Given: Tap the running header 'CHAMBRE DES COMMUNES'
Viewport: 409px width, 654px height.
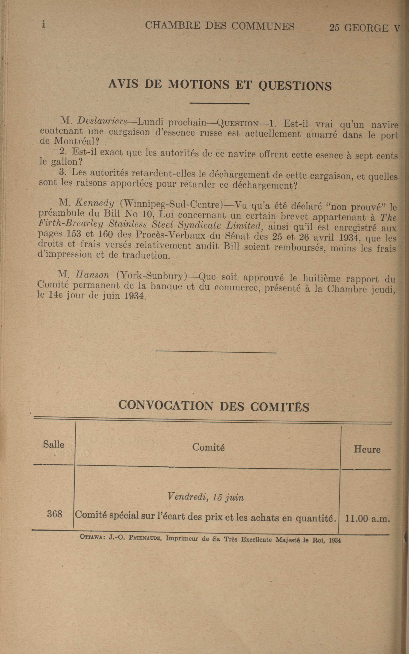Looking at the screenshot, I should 219,26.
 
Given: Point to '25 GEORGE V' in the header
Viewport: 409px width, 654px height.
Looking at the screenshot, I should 364,28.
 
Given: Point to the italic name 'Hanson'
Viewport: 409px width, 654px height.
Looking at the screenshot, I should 92,275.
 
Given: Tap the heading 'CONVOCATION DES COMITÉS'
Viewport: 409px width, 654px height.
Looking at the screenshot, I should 214,406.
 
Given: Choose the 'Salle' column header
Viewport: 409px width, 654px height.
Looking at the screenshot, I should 54,444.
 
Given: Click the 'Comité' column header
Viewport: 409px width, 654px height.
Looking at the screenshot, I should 208,447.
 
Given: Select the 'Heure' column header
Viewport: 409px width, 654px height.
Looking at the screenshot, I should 367,450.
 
